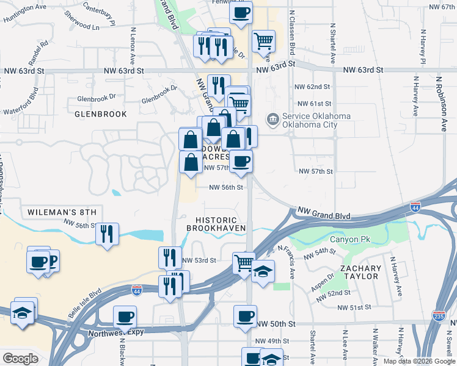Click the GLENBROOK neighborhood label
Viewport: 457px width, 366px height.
[x=101, y=114]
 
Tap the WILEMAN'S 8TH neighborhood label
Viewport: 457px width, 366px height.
[x=62, y=212]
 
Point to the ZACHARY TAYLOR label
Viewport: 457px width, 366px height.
[x=361, y=273]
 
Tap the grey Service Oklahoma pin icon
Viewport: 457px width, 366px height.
[x=272, y=120]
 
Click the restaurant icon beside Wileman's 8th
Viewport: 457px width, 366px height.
[x=107, y=234]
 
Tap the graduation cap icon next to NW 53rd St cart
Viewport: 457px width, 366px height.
[x=263, y=270]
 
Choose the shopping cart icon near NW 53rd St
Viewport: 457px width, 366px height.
[x=244, y=264]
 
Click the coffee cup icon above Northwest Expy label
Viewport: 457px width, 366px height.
[x=125, y=317]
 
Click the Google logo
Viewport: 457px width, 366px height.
[x=20, y=358]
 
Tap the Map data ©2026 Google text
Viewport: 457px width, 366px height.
[x=419, y=361]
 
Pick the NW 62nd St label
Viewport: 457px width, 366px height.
[x=312, y=87]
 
